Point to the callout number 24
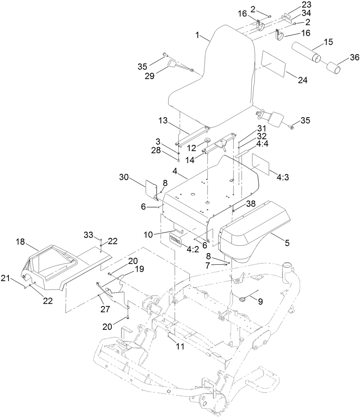[303, 80]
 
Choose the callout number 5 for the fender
[287, 243]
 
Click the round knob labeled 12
[207, 140]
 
